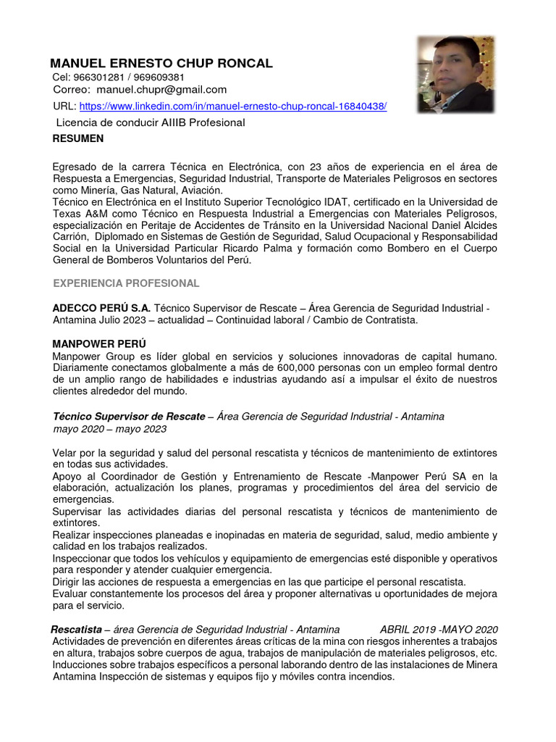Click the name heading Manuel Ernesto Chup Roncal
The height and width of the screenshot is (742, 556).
tap(161, 63)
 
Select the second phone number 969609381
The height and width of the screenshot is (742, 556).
tap(159, 77)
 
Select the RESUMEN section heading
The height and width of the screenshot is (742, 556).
tap(78, 138)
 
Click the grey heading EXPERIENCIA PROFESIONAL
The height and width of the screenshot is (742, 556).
tap(126, 283)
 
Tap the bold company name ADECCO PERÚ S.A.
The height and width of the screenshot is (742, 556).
tap(101, 308)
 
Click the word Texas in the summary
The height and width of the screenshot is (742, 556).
tap(68, 214)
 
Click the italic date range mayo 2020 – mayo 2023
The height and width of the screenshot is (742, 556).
tap(109, 429)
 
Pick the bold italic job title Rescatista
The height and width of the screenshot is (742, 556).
tap(76, 629)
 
